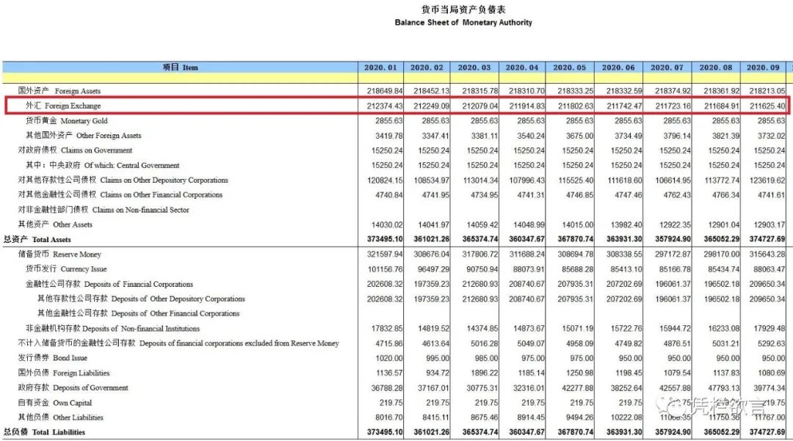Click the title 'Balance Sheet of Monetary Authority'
463,23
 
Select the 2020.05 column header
570,68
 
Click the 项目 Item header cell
180,68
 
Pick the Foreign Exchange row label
63,106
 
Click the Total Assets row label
37,240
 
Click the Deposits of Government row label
73,388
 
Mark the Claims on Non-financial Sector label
104,210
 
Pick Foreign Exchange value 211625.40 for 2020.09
764,106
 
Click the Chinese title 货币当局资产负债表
463,10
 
